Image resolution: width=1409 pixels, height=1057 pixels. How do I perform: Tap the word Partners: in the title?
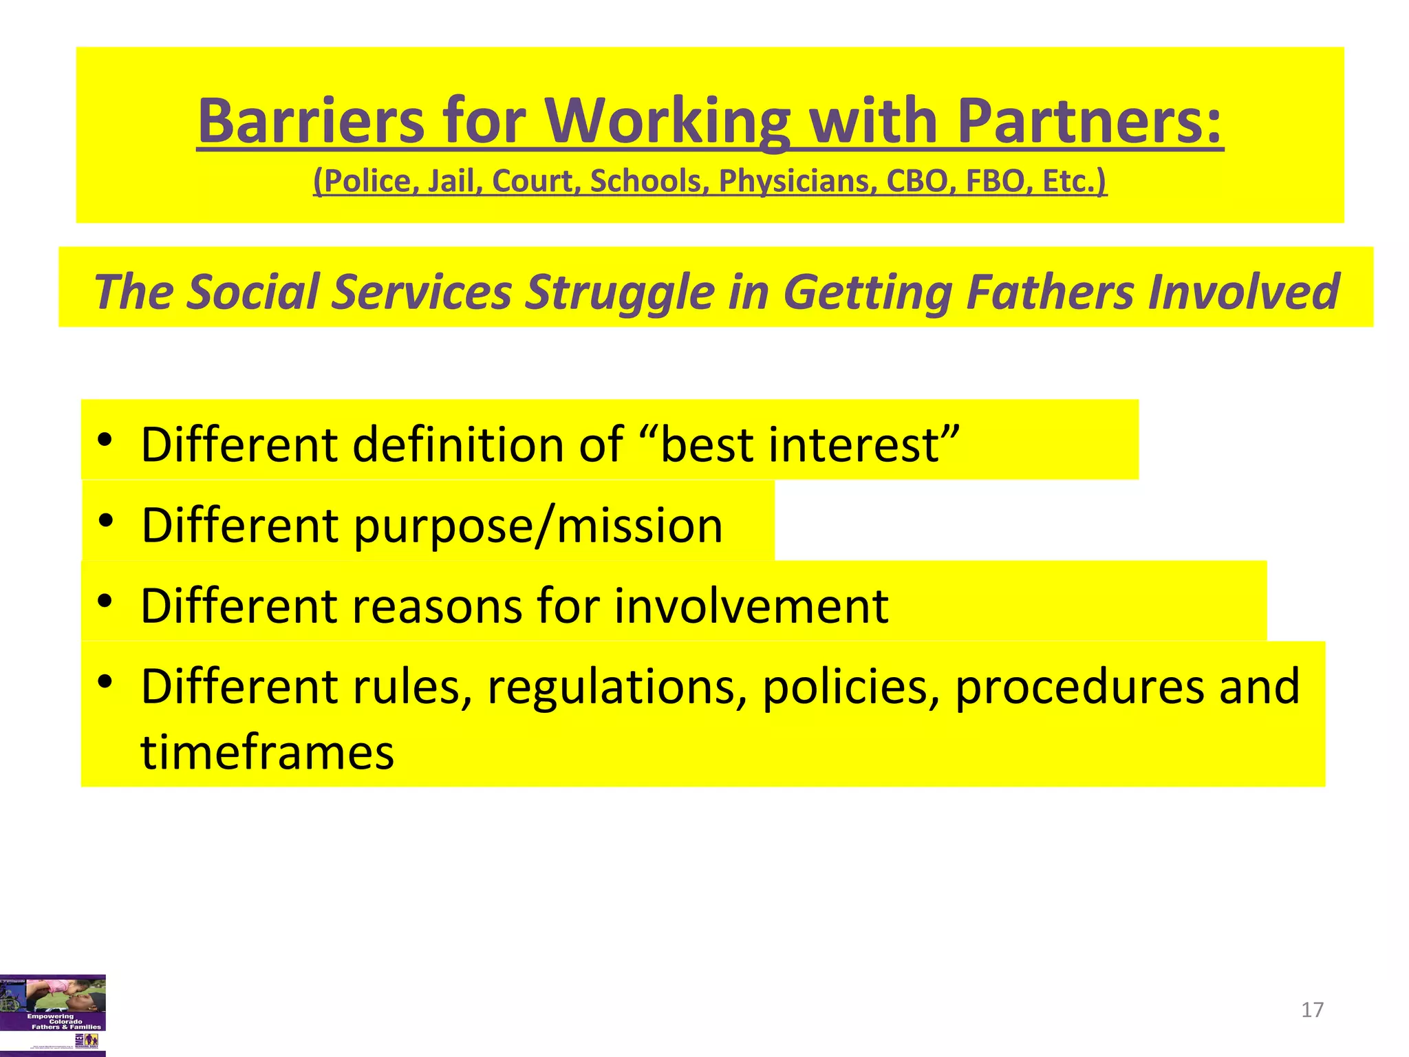point(1090,121)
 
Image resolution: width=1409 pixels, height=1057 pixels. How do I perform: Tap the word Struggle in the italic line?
point(620,292)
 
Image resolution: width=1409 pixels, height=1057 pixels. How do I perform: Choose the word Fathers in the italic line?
point(1050,292)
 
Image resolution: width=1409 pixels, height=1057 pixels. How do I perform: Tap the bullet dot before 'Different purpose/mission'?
point(105,520)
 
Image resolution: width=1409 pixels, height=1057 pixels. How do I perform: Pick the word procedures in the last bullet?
point(1079,687)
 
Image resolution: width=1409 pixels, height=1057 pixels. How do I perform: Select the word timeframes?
point(268,751)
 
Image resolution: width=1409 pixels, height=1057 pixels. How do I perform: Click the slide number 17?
point(1312,1010)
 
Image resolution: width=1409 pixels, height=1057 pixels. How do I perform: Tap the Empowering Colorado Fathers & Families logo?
point(53,1015)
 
